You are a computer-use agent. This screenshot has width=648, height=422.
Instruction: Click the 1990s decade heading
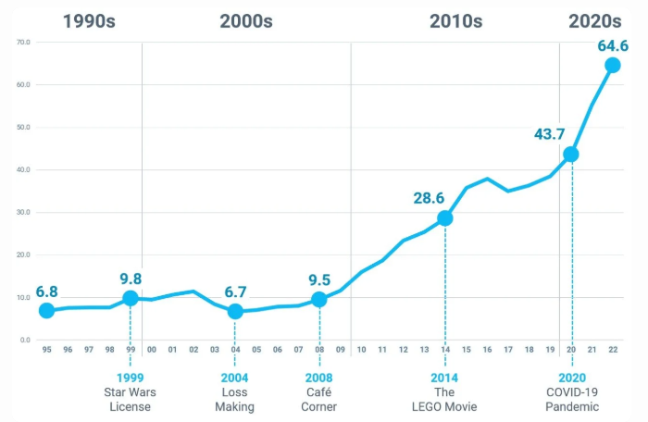pyautogui.click(x=89, y=22)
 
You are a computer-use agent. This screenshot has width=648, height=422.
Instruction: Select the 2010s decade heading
pyautogui.click(x=455, y=22)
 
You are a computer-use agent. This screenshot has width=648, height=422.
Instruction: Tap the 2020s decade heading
pyautogui.click(x=594, y=22)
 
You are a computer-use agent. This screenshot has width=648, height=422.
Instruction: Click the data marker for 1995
pyautogui.click(x=46, y=311)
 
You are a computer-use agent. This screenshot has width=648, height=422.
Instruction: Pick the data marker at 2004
pyautogui.click(x=235, y=312)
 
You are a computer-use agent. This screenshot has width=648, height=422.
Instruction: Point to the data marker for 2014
pyautogui.click(x=445, y=218)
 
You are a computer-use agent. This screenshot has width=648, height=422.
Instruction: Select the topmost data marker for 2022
pyautogui.click(x=613, y=65)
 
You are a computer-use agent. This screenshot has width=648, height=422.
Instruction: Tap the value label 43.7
pyautogui.click(x=550, y=134)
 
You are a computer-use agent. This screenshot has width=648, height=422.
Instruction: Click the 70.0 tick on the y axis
pyautogui.click(x=23, y=43)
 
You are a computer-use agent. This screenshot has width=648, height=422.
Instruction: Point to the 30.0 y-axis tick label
pyautogui.click(x=23, y=213)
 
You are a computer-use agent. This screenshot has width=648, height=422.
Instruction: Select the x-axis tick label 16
pyautogui.click(x=487, y=350)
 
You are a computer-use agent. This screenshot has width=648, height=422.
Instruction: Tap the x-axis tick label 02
pyautogui.click(x=193, y=350)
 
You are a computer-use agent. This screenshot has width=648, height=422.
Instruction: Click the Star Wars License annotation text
pyautogui.click(x=130, y=400)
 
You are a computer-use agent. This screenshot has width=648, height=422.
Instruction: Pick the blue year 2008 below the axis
pyautogui.click(x=318, y=378)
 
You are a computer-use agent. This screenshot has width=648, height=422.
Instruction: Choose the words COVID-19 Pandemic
pyautogui.click(x=572, y=400)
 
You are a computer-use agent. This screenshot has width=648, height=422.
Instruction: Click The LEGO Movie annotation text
pyautogui.click(x=445, y=400)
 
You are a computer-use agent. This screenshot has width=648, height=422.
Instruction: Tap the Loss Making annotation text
pyautogui.click(x=235, y=400)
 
